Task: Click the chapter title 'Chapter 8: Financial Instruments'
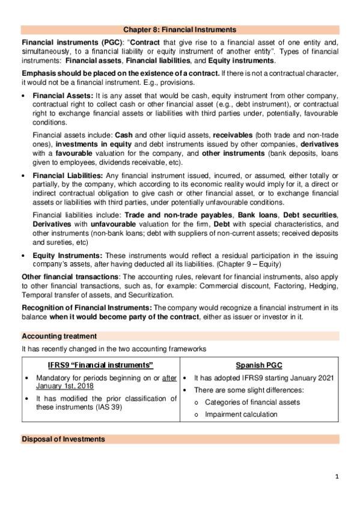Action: [x=180, y=29]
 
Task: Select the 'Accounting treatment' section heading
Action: [x=59, y=336]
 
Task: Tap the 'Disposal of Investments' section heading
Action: [x=63, y=439]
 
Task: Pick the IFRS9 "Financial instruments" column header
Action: [x=100, y=365]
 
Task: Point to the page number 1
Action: [x=337, y=476]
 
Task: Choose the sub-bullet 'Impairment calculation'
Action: [x=241, y=414]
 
